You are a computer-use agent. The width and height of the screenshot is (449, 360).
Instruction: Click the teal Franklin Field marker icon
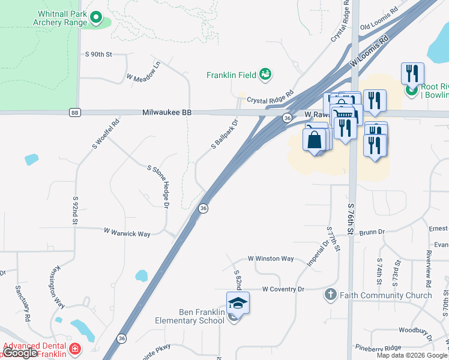[265, 74]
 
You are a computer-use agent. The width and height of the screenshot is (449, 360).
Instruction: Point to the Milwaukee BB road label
[166, 112]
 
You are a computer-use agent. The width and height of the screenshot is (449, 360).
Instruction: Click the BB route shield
[74, 113]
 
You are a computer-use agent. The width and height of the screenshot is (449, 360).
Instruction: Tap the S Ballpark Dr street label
[225, 134]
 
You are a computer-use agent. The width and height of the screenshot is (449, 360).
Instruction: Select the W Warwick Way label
[127, 232]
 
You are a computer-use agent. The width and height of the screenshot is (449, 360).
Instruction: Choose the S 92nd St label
[76, 210]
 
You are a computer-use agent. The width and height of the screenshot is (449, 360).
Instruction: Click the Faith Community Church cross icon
[330, 295]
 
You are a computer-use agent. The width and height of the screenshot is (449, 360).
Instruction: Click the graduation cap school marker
[238, 303]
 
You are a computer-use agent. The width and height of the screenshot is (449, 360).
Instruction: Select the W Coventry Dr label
[283, 289]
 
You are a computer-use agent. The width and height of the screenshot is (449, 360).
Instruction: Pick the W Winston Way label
[271, 259]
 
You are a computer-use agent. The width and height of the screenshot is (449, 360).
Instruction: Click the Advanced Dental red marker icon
[75, 349]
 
